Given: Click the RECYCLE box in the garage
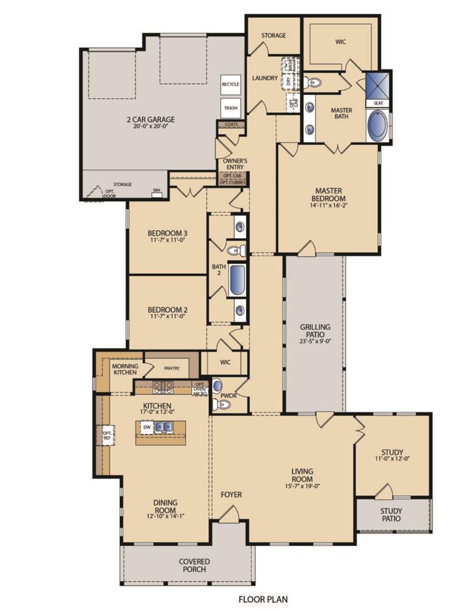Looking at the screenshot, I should pyautogui.click(x=230, y=85).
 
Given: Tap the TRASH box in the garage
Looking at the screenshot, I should pyautogui.click(x=230, y=108).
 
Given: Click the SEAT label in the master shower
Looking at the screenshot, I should pyautogui.click(x=378, y=103).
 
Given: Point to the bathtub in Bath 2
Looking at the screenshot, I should pyautogui.click(x=237, y=279).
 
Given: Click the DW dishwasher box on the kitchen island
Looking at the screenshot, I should pyautogui.click(x=146, y=427).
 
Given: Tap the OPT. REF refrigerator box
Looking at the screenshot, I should pyautogui.click(x=108, y=436).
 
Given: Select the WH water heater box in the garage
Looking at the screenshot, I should pyautogui.click(x=157, y=191).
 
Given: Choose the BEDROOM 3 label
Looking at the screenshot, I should pyautogui.click(x=168, y=233).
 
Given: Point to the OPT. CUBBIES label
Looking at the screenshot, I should pyautogui.click(x=232, y=182).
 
